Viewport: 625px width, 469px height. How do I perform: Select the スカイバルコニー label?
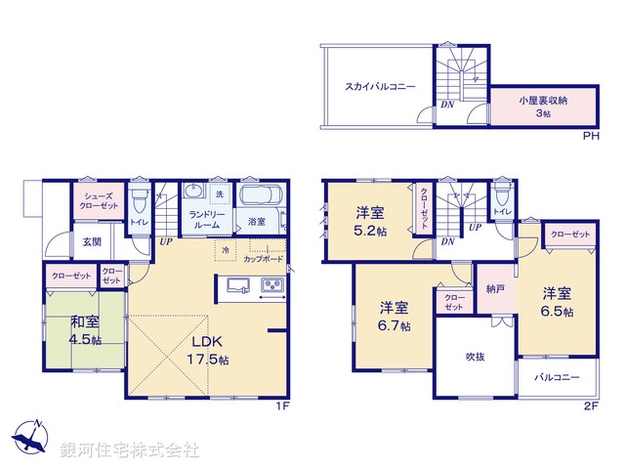pos(379,87)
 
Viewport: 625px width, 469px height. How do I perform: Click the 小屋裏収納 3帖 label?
pos(543,107)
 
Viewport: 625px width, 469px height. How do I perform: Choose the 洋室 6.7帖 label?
pos(395,317)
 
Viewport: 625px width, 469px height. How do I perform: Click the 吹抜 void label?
pos(476,357)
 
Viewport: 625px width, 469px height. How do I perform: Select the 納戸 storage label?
pos(495,288)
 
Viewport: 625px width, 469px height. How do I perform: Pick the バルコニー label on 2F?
pos(557,377)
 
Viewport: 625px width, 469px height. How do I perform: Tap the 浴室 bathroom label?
pos(256,221)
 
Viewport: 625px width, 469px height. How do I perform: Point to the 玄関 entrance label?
pos(91,242)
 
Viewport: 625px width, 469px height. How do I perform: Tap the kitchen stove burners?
pos(271,285)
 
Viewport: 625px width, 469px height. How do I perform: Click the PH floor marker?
pos(590,136)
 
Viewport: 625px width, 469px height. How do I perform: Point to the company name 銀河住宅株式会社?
pos(130,450)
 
